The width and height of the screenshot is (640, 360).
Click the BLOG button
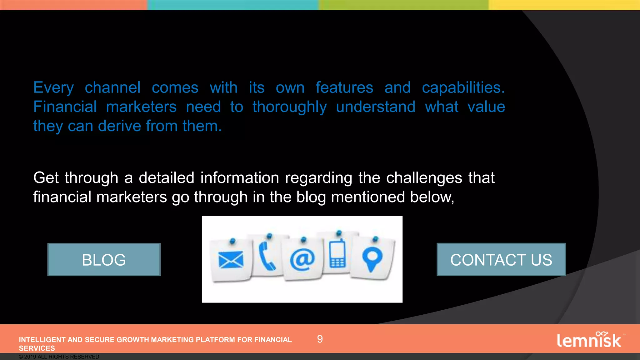coord(104,260)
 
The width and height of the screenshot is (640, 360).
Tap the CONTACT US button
coord(501,260)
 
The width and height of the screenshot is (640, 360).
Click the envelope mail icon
coord(231,260)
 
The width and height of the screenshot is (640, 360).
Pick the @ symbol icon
coord(302,259)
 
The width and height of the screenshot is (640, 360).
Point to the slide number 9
coord(320,339)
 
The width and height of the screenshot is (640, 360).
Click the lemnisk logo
coord(589,340)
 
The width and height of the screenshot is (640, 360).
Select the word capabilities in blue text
coord(463,87)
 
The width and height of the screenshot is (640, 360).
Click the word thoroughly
coord(290,107)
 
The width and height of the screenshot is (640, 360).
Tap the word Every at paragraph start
coord(53,88)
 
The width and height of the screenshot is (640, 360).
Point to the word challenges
coord(424,178)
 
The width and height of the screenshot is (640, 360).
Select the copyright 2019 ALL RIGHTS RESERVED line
coord(59,357)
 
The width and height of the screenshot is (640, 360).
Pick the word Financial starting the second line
coord(65,107)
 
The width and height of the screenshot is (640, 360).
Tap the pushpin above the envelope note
coord(232,241)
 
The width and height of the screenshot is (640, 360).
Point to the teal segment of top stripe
coord(233,5)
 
